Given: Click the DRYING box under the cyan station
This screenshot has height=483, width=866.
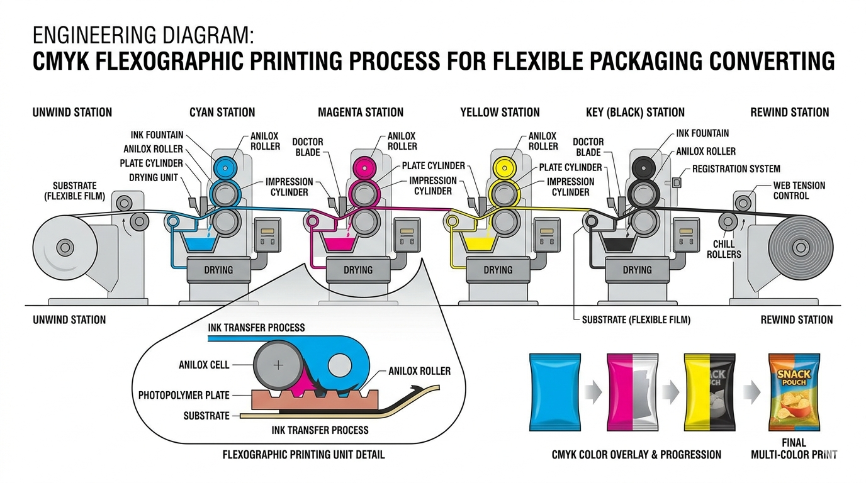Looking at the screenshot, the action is pyautogui.click(x=218, y=270).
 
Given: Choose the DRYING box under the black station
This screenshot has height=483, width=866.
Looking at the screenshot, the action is pyautogui.click(x=637, y=270).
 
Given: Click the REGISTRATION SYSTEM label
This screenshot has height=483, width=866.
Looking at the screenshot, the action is pyautogui.click(x=736, y=169).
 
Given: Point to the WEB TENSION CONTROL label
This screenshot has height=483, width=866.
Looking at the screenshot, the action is pyautogui.click(x=799, y=191).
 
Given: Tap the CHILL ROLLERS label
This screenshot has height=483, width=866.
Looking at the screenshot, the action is pyautogui.click(x=724, y=249).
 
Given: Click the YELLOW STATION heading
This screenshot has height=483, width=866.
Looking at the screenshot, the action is pyautogui.click(x=500, y=113).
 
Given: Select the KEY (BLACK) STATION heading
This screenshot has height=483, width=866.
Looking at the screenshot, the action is pyautogui.click(x=635, y=113).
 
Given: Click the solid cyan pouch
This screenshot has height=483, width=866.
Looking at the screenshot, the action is pyautogui.click(x=555, y=392).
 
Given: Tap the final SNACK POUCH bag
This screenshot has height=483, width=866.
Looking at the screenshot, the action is pyautogui.click(x=794, y=392).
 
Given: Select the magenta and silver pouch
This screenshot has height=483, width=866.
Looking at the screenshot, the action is pyautogui.click(x=633, y=392).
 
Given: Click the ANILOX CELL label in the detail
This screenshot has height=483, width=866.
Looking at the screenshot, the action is pyautogui.click(x=204, y=365).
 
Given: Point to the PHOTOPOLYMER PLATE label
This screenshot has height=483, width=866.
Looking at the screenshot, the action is pyautogui.click(x=184, y=396).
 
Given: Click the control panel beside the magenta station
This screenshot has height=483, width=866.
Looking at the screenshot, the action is pyautogui.click(x=407, y=235).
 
